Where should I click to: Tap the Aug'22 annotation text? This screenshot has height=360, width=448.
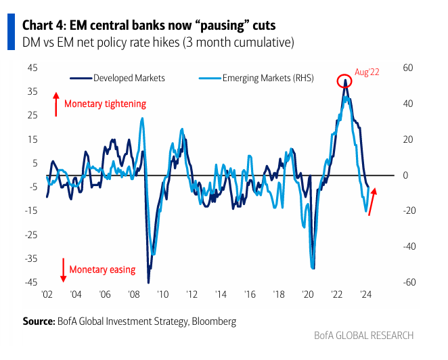(x=366, y=72)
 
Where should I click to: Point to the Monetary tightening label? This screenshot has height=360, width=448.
(x=105, y=104)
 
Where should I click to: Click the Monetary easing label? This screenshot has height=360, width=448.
(x=102, y=269)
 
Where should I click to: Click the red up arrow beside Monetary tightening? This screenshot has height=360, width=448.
(x=55, y=104)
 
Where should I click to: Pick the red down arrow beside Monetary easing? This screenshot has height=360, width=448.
(x=62, y=269)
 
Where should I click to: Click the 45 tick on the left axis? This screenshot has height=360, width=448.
(x=32, y=68)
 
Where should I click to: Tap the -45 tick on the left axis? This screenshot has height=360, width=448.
(x=30, y=282)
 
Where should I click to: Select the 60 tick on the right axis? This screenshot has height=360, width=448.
(x=407, y=68)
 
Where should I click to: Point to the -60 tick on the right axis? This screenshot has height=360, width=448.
(x=407, y=282)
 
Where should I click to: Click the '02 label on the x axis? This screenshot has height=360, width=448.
(x=47, y=295)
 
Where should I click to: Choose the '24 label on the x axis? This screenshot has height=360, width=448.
(x=366, y=295)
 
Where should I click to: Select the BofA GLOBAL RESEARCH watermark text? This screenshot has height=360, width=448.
(x=363, y=336)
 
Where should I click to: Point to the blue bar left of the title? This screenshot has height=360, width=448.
(x=11, y=33)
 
